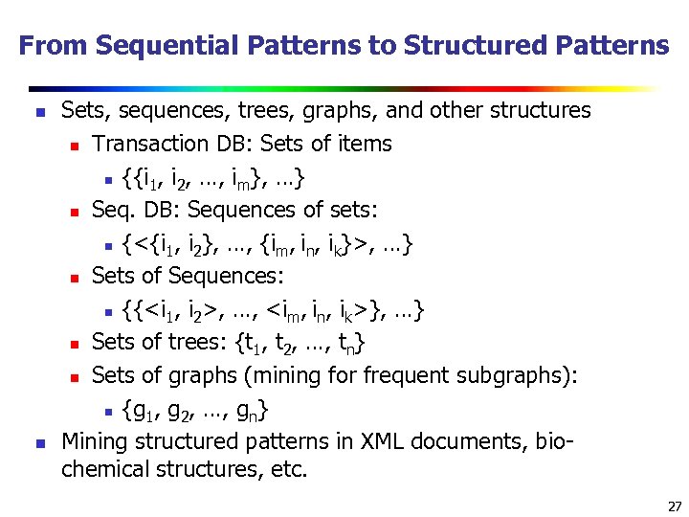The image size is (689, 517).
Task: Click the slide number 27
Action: (x=674, y=506)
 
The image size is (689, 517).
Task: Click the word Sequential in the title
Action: (x=154, y=45)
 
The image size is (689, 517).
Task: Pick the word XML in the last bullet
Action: (x=384, y=442)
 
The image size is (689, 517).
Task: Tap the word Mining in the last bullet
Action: (x=92, y=442)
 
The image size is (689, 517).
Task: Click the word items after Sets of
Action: (x=365, y=145)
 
